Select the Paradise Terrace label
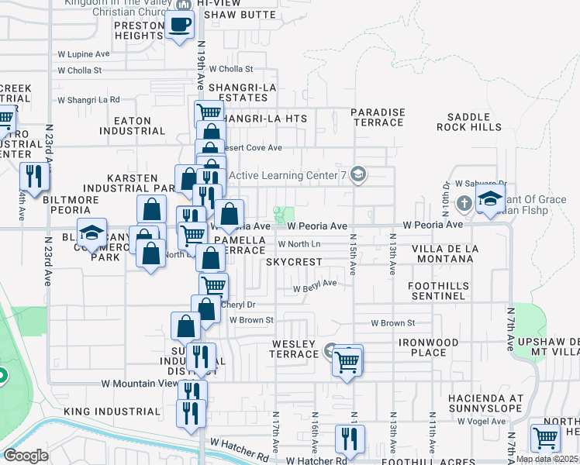click(x=378, y=117)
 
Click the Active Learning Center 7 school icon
click(x=357, y=174)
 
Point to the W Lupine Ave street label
click(x=84, y=54)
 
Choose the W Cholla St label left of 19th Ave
click(x=80, y=71)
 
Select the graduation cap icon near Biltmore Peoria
click(x=91, y=232)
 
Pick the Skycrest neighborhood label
click(x=293, y=262)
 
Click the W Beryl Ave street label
click(x=314, y=284)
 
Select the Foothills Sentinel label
click(x=438, y=291)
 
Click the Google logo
click(x=26, y=456)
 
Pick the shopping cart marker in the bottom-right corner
click(x=546, y=438)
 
